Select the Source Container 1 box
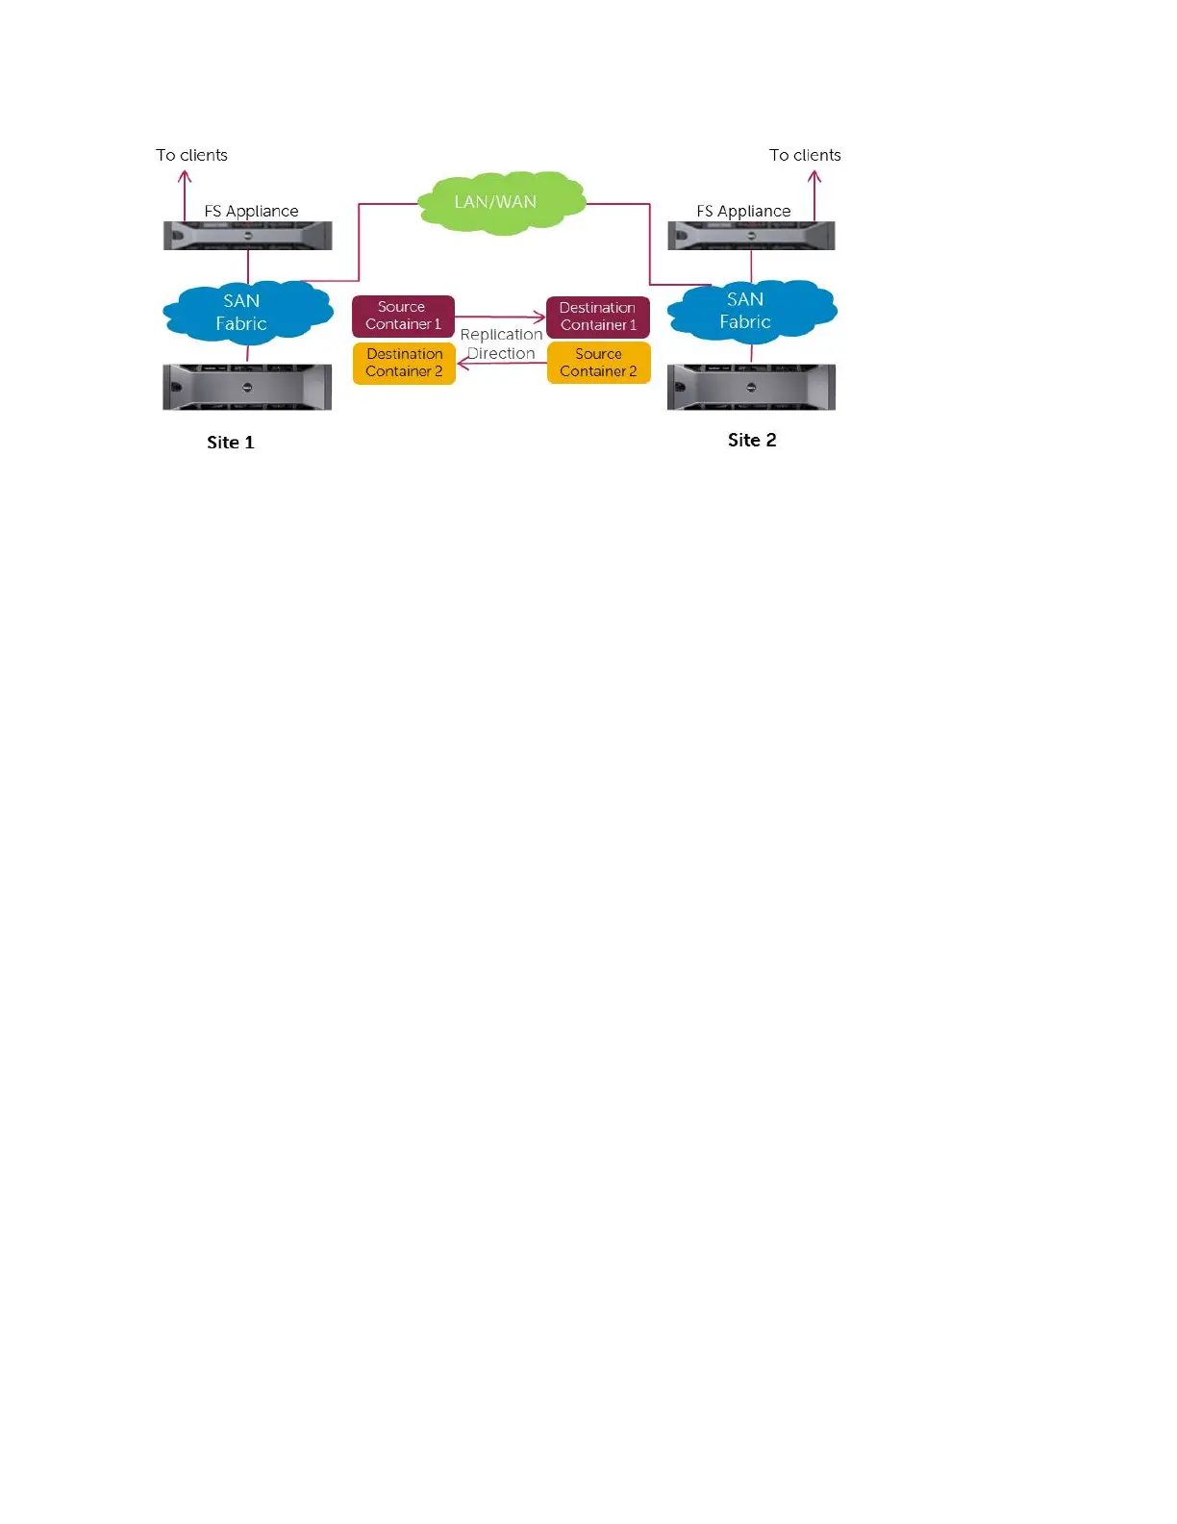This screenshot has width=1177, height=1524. point(403,316)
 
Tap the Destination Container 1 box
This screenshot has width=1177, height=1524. point(598,317)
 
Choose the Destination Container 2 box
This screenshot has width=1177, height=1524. point(404,363)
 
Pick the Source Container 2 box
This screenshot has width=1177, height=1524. point(598,363)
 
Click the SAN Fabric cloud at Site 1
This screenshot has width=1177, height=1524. point(245,313)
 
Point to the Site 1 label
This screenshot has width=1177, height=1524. point(231,443)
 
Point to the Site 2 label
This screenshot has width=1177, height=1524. point(752,440)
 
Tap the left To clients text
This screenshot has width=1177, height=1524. point(192,155)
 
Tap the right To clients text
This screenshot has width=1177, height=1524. point(805,155)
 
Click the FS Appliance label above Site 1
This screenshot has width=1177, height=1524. point(252,211)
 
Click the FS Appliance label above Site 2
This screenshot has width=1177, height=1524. point(743,211)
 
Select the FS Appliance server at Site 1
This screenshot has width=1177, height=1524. point(247,236)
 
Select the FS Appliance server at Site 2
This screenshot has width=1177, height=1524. point(751,236)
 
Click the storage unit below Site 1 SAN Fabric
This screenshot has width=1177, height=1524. point(247,387)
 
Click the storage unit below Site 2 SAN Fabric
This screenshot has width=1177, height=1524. point(751,387)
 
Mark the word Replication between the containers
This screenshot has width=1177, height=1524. point(501,334)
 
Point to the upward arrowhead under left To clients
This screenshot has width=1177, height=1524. point(185,176)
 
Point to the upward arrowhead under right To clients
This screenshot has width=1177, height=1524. point(814,176)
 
